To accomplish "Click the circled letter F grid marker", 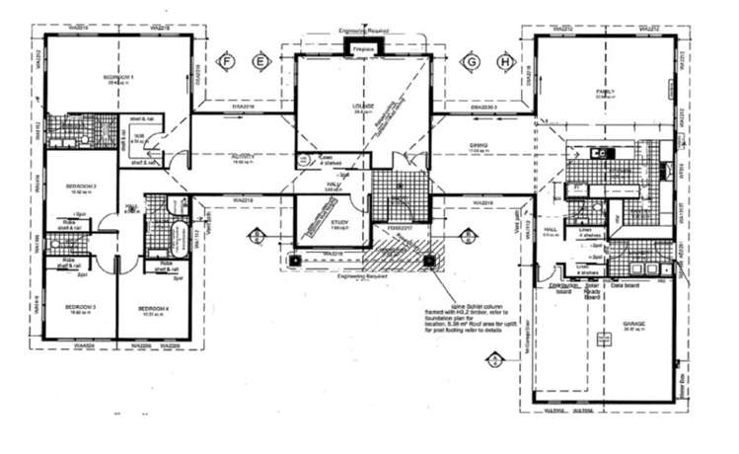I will (x=227, y=61).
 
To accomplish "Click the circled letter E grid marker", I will (x=260, y=61).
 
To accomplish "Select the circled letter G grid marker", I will (x=473, y=61).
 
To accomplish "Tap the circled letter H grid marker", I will (x=506, y=61).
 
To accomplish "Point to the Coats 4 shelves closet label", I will (x=325, y=159).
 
